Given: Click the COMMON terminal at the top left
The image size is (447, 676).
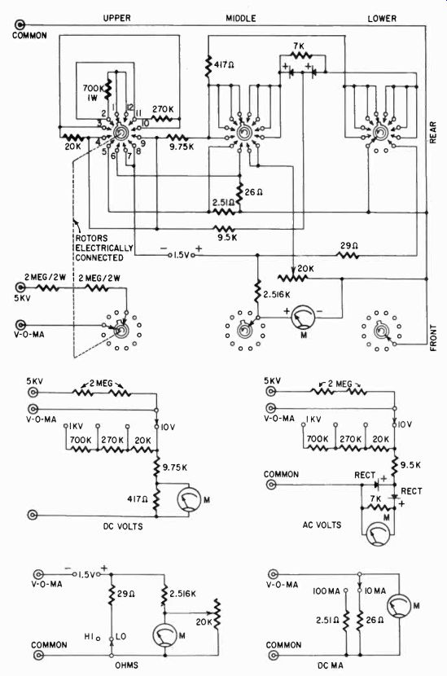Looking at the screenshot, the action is coord(20,24).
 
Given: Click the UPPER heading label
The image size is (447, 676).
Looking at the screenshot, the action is coord(116,18).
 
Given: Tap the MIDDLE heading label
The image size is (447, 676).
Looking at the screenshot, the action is coord(241,18).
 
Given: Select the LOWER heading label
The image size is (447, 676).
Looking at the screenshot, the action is coord(382,19).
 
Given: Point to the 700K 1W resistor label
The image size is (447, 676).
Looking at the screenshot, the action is coord(93,93).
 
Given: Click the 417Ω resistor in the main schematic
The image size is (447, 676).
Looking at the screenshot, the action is coord(208,66).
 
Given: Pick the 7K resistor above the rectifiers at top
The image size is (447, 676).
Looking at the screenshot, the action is coord(302,55).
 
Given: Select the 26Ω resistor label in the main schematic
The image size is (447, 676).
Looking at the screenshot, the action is coord(253,192).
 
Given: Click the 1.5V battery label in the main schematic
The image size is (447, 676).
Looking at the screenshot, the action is coord(182,255).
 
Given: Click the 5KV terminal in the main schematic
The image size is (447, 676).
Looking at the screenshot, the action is coord(20,288).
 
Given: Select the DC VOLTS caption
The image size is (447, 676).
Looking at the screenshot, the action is coord(123,526).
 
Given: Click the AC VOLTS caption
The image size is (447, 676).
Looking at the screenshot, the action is coord(322,525).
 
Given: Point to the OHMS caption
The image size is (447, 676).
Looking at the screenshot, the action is coord(126,665).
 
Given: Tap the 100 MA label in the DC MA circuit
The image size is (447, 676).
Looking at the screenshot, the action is coord(326,591).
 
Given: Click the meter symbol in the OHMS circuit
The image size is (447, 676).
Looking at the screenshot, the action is coord(164,635).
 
